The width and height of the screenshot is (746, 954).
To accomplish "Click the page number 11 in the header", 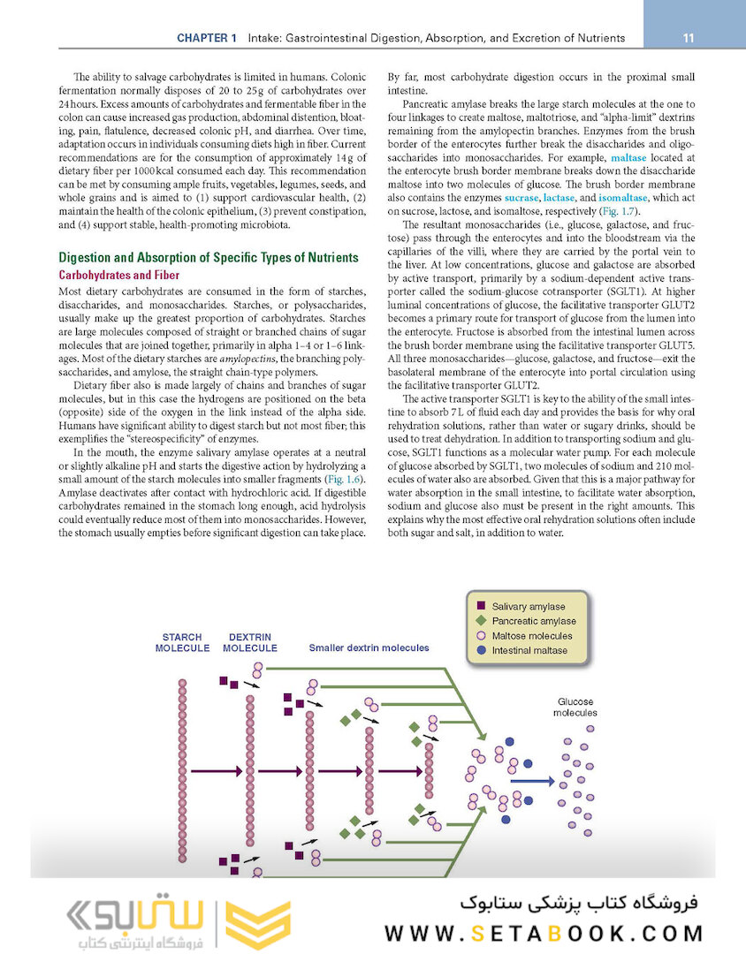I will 688,38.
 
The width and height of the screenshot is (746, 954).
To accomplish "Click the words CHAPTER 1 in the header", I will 207,38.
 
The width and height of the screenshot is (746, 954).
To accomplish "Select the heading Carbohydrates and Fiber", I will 118,276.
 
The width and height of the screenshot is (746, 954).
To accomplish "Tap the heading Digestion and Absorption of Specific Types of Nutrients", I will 208,258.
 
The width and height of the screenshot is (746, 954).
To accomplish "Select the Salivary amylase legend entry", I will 528,607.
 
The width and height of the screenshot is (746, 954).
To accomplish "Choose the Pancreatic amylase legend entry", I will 533,621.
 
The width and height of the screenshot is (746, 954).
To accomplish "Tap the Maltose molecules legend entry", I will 531,636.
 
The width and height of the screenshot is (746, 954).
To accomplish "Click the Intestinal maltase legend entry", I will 529,651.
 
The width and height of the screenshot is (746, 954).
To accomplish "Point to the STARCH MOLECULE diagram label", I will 182,642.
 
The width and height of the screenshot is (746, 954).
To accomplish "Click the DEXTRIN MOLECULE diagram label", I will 249,642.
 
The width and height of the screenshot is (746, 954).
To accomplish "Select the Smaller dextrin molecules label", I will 369,647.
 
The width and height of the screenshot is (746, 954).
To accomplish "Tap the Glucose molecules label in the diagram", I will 575,707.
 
